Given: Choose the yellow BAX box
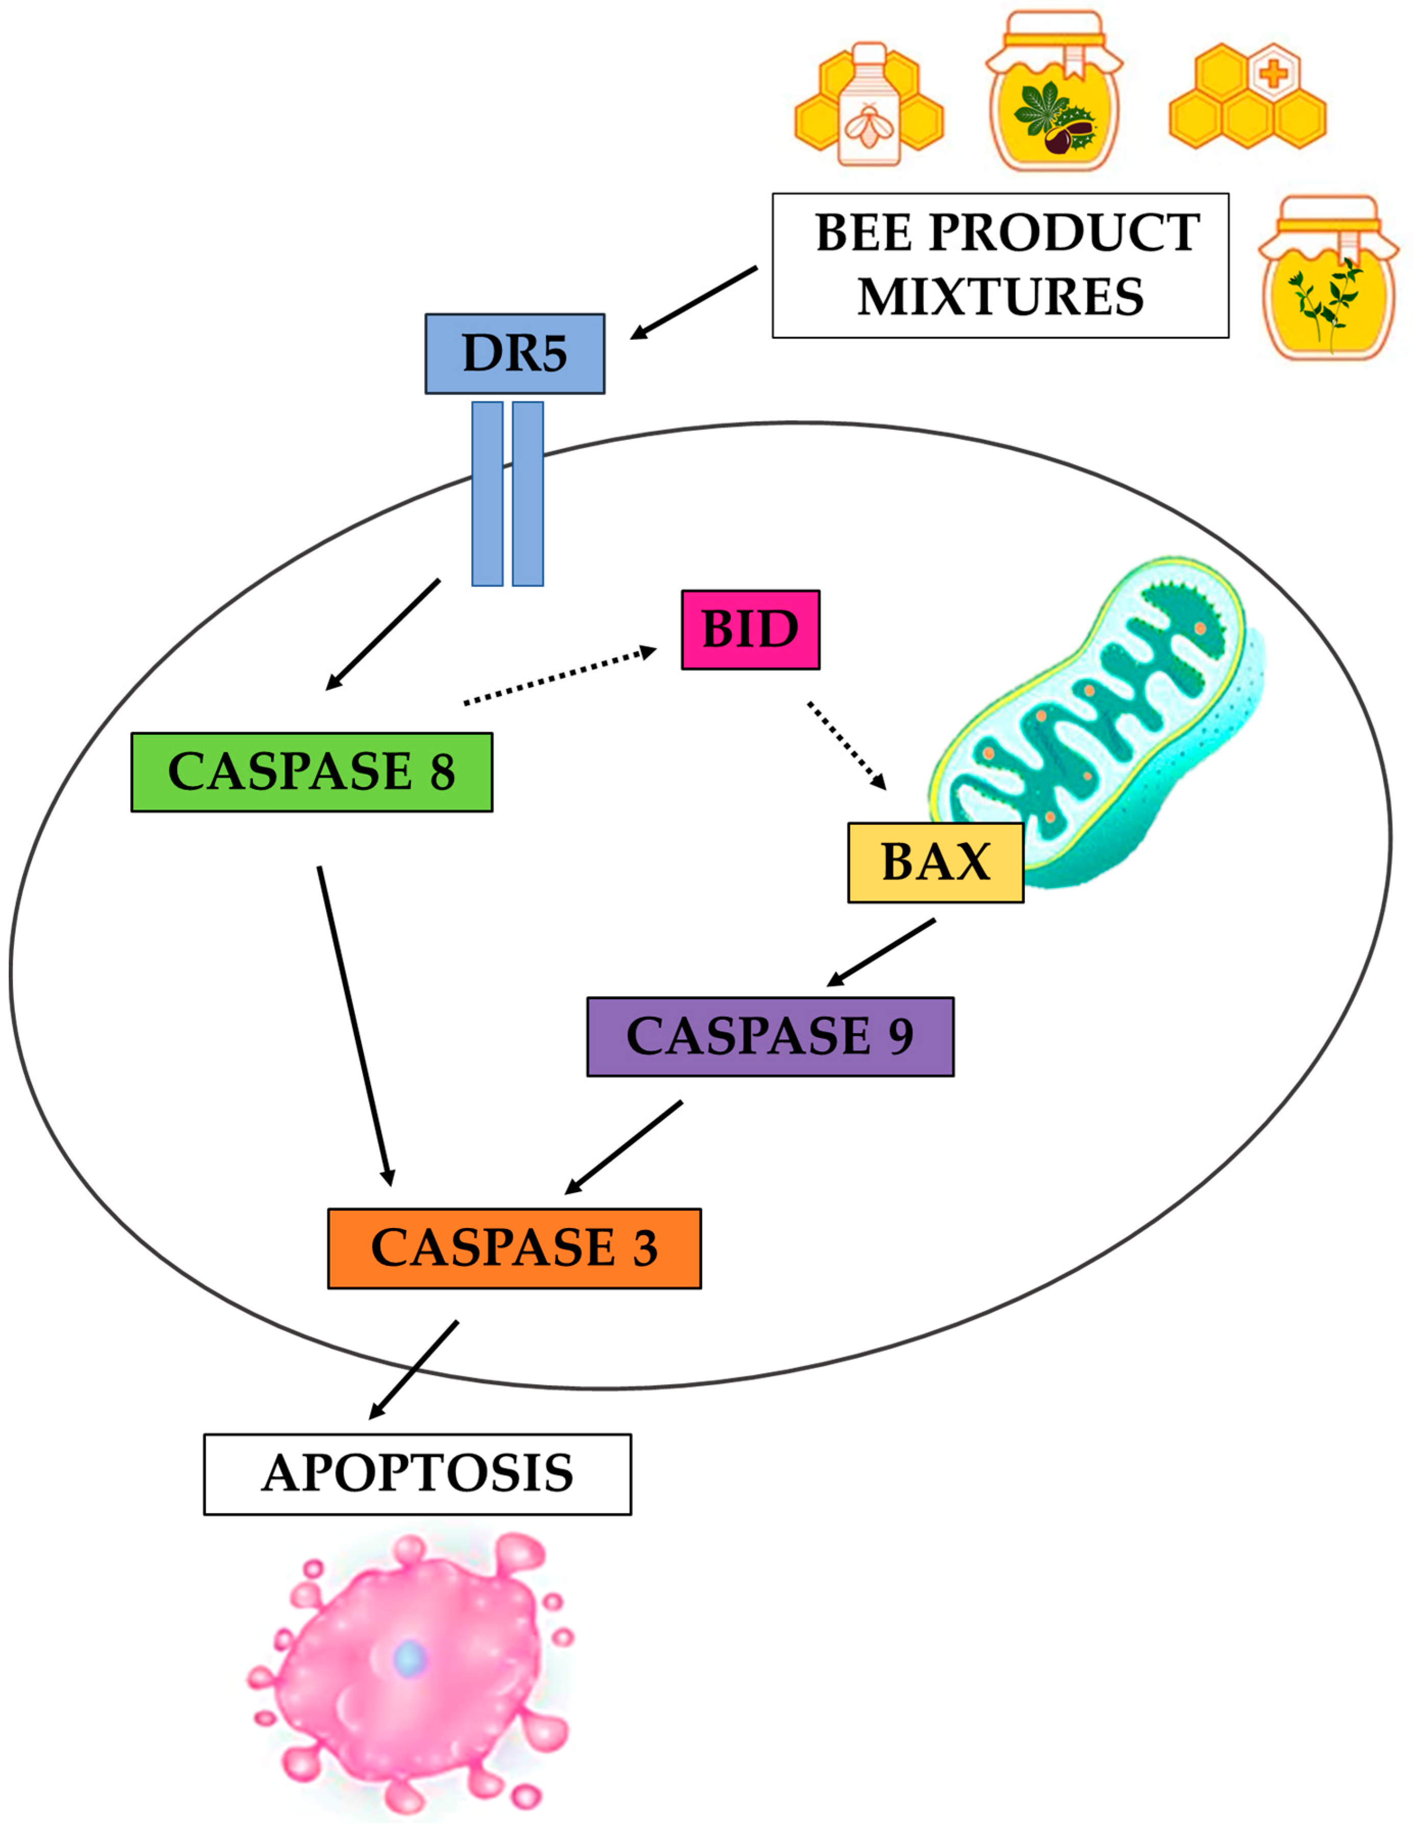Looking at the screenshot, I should [x=935, y=862].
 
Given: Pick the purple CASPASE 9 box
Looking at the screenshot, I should [x=769, y=1036].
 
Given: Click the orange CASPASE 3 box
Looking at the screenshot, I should [x=513, y=1247].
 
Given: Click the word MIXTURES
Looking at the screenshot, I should [x=1000, y=297].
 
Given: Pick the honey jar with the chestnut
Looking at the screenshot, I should [x=1054, y=92].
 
